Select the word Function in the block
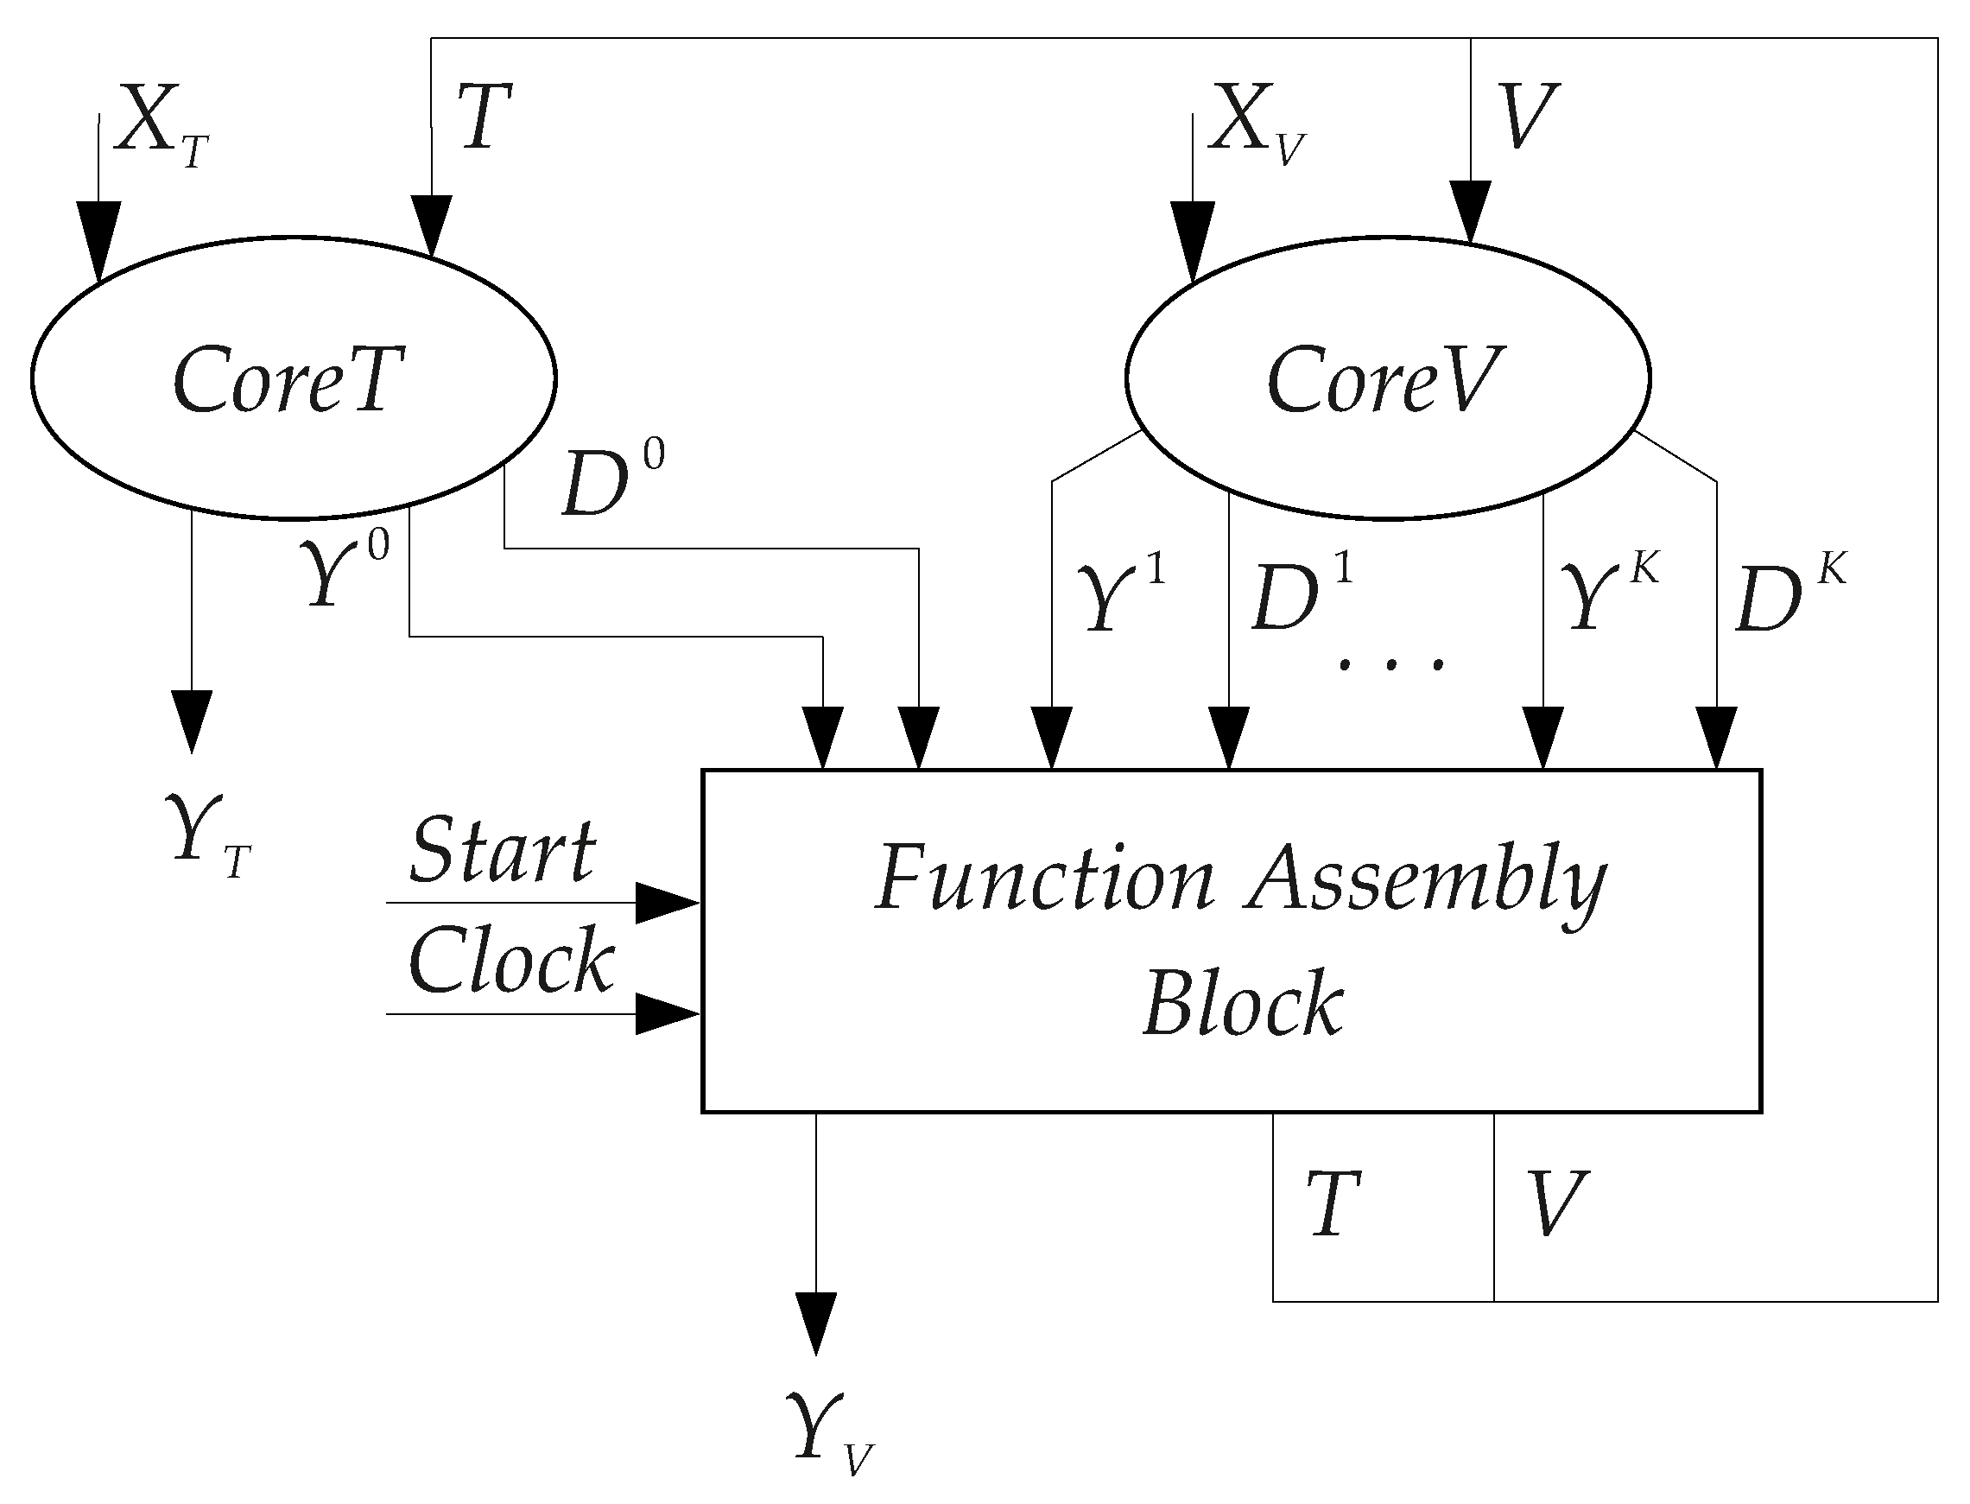coord(1043,879)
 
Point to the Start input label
coord(502,849)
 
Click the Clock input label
coord(511,961)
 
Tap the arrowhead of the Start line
coord(667,903)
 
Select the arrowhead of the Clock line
coord(667,1014)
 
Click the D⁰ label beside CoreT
coord(612,484)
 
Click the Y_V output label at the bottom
coord(828,1431)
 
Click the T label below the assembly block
coord(1333,1204)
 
